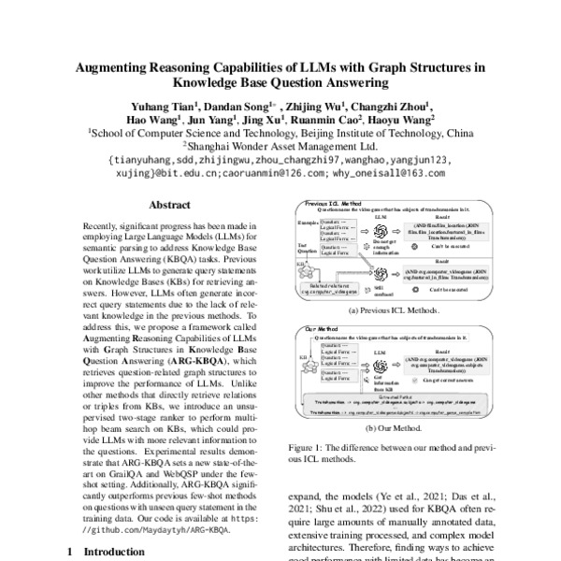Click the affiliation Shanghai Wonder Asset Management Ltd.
tap(280, 147)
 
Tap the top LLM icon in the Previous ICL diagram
tap(365, 230)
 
